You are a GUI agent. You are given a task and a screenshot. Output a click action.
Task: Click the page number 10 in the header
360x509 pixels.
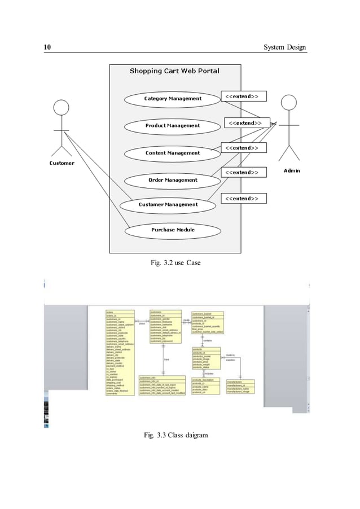(x=48, y=47)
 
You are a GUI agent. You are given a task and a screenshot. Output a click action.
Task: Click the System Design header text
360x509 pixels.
(x=286, y=47)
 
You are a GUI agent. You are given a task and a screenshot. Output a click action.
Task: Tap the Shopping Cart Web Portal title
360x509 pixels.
(x=174, y=71)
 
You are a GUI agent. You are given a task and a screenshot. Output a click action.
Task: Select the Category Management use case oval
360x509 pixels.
(x=173, y=99)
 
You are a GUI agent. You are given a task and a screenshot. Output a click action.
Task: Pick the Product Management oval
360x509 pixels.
(x=173, y=125)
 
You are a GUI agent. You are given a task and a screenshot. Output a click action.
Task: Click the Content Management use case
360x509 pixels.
(x=173, y=153)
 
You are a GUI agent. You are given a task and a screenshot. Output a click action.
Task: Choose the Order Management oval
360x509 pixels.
(x=173, y=180)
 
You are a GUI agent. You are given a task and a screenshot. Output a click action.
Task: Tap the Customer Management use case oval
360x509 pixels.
(x=168, y=204)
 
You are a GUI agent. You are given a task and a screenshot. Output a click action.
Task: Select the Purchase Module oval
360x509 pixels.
(x=173, y=230)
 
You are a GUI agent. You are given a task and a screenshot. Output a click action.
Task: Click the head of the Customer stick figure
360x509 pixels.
(x=62, y=107)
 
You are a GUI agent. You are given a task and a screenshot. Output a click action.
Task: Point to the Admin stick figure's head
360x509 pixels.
(x=288, y=103)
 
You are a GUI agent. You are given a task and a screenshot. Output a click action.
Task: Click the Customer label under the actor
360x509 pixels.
(x=61, y=163)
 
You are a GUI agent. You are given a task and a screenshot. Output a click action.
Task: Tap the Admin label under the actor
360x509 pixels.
(x=291, y=170)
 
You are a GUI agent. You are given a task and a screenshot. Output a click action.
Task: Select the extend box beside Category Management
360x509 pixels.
(x=242, y=96)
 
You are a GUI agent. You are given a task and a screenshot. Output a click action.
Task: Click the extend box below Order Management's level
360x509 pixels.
(x=242, y=199)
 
